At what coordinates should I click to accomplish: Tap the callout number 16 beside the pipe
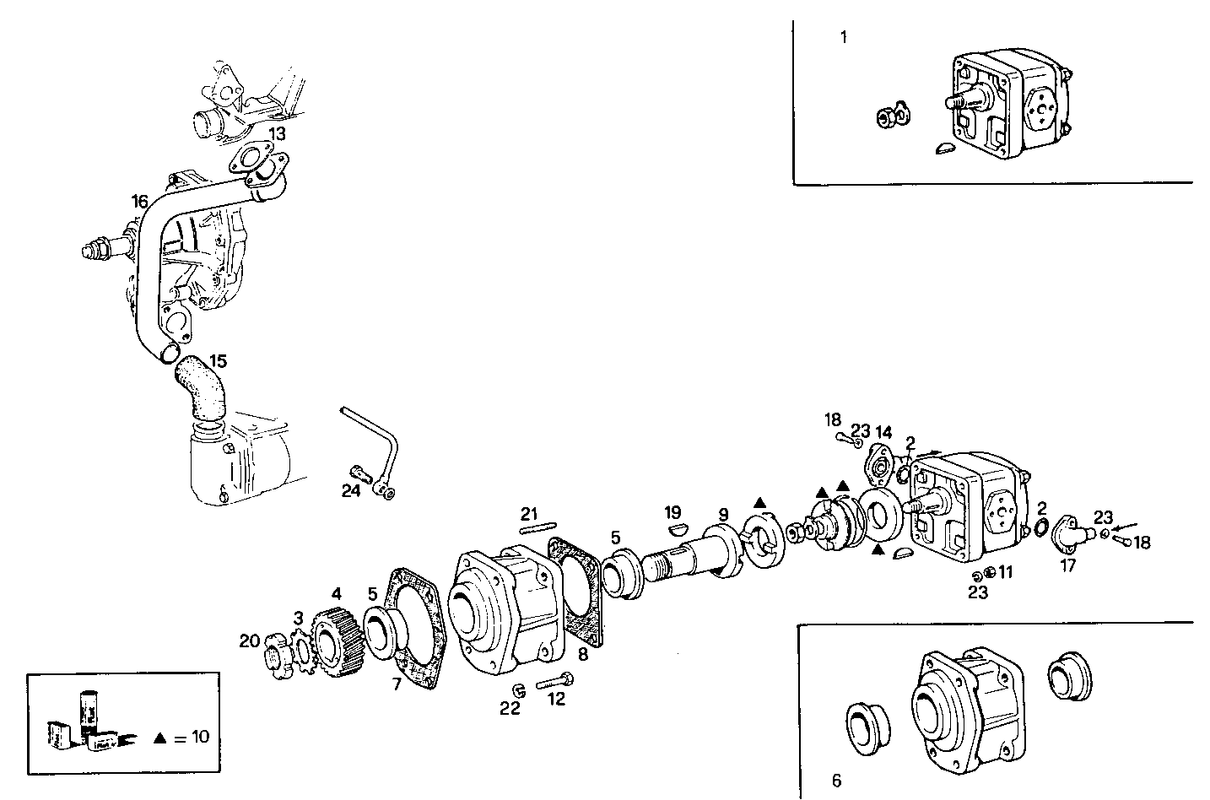pyautogui.click(x=140, y=202)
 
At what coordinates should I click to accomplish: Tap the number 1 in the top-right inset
pyautogui.click(x=844, y=36)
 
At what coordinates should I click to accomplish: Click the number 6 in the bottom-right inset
pyautogui.click(x=835, y=781)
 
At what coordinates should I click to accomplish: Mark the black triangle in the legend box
pyautogui.click(x=159, y=738)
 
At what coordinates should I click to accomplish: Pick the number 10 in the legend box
pyautogui.click(x=199, y=737)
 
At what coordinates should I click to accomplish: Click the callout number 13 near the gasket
pyautogui.click(x=277, y=133)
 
